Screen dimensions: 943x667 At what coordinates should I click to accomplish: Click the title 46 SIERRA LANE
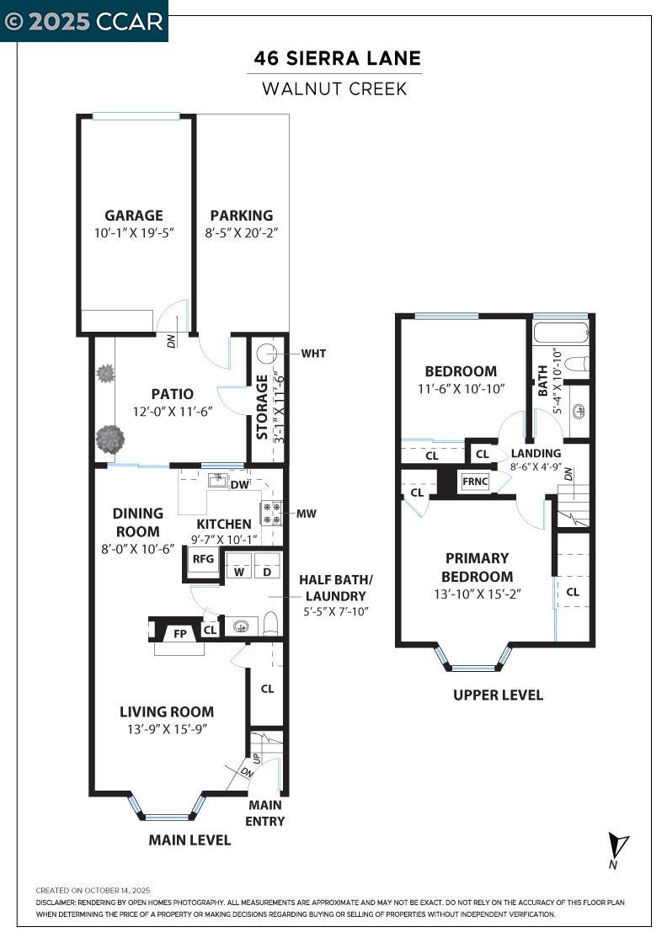(338, 59)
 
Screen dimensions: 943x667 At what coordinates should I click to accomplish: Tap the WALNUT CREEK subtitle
(334, 88)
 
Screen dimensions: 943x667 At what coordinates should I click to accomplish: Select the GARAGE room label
(134, 216)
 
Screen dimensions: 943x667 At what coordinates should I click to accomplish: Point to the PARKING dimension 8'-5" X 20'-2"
(242, 233)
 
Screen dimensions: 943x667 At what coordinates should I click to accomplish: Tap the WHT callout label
(312, 354)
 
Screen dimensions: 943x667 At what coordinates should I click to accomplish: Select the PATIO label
(173, 393)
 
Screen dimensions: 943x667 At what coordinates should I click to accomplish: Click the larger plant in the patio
(109, 439)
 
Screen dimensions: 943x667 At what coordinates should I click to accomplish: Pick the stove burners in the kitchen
(271, 512)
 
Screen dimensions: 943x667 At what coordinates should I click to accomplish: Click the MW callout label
(307, 514)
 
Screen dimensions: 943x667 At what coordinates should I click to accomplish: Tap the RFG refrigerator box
(202, 559)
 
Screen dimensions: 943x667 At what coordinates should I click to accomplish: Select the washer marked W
(239, 572)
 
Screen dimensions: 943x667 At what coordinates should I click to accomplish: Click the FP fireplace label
(179, 634)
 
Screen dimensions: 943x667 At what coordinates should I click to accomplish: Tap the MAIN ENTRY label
(265, 813)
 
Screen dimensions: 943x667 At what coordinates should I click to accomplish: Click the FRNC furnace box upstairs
(476, 482)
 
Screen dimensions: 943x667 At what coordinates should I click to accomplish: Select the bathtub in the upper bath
(561, 330)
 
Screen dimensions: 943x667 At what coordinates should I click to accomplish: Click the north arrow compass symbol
(618, 845)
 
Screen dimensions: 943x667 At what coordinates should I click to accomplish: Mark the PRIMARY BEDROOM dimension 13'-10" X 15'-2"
(477, 594)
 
